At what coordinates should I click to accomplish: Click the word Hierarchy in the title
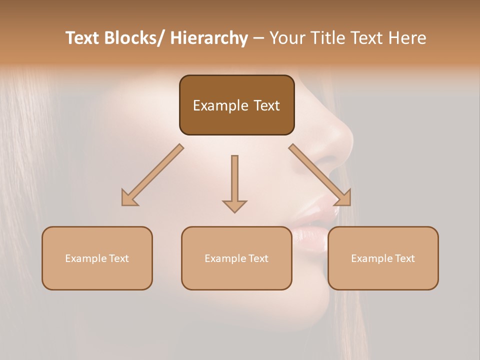coord(209,38)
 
